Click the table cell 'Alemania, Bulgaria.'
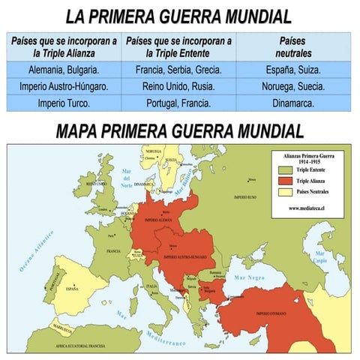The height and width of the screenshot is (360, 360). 64,70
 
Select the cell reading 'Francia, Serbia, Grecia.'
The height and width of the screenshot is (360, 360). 178,70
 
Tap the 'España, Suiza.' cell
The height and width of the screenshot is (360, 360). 293,70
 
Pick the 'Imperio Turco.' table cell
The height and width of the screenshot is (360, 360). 64,103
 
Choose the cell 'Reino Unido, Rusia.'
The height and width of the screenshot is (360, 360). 178,86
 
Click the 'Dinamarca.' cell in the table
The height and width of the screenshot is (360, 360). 293,103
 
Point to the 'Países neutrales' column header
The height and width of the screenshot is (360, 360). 293,46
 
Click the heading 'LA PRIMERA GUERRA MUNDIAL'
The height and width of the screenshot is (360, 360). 178,16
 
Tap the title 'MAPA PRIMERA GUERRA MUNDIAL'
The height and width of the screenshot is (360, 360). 179,130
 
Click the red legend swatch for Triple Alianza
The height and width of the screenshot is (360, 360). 283,181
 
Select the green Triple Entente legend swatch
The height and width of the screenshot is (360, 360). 283,171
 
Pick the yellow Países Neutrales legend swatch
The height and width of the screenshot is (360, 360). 283,191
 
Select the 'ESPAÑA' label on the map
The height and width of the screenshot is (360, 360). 71,288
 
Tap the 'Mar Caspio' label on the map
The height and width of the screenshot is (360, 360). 320,262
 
